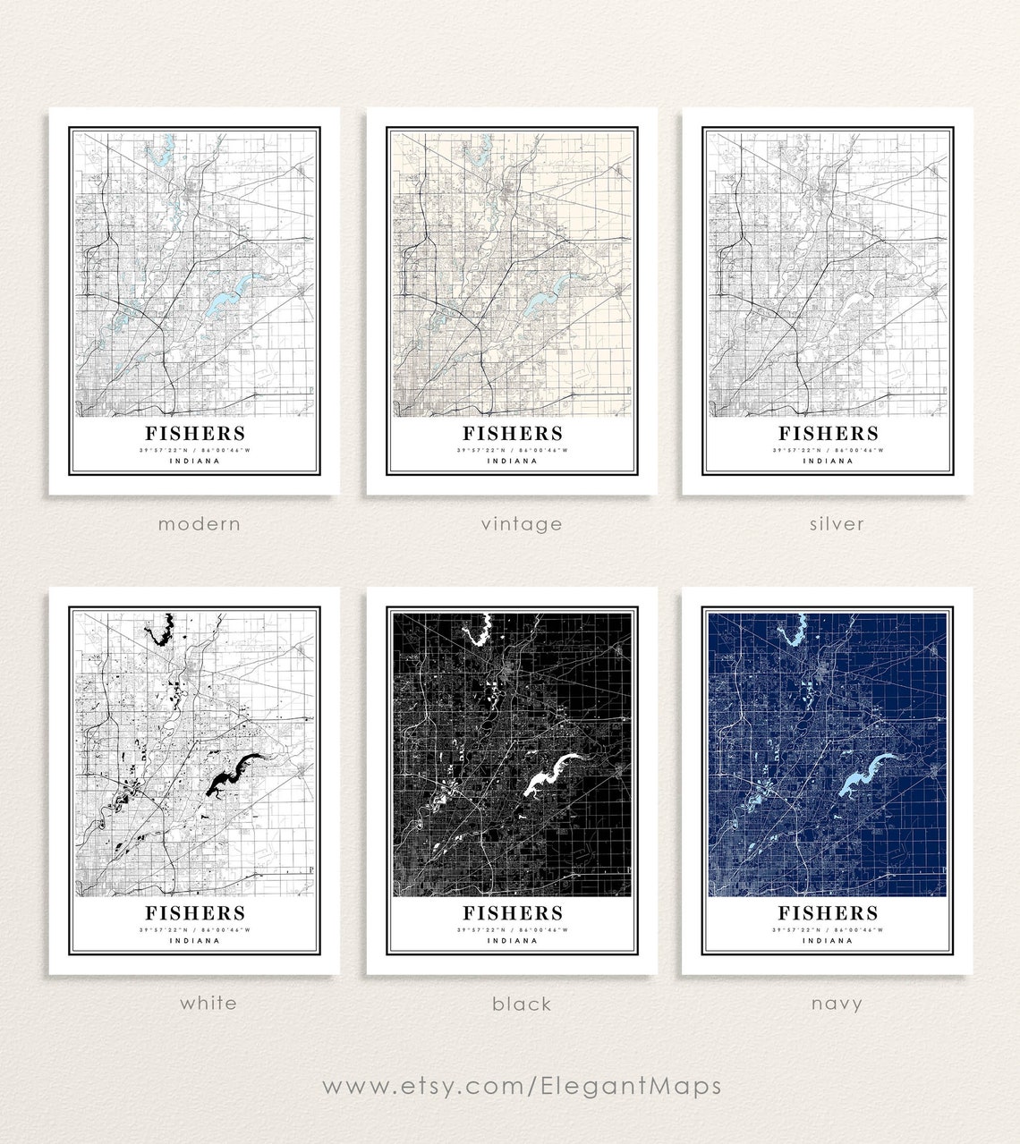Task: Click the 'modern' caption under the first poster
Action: [x=199, y=523]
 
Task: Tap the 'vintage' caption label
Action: [x=522, y=523]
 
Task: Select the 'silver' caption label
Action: [x=837, y=523]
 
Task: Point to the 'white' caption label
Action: [x=208, y=1003]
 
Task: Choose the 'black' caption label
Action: [x=522, y=1004]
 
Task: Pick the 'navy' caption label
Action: [x=837, y=1004]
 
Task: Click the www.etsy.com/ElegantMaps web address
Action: [x=522, y=1086]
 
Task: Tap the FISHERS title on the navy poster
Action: [x=828, y=913]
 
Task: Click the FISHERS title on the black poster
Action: [x=513, y=913]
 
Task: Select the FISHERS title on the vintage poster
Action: [x=513, y=434]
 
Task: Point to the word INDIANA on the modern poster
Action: [x=195, y=462]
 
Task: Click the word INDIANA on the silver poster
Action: [x=828, y=462]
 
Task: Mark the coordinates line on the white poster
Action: [x=195, y=930]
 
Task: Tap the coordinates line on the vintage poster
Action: [x=513, y=450]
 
